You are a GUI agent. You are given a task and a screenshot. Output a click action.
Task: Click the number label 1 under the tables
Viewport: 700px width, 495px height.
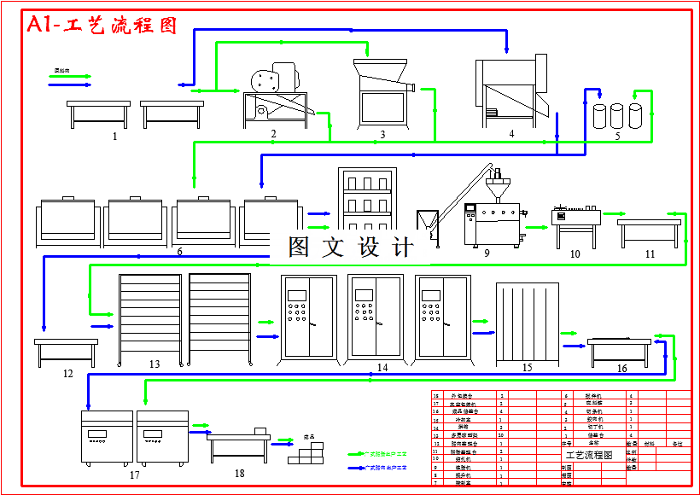tap(114, 136)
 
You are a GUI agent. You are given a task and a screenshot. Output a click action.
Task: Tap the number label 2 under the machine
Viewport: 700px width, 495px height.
tap(273, 134)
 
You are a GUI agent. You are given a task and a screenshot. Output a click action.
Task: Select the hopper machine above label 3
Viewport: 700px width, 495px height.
tap(382, 90)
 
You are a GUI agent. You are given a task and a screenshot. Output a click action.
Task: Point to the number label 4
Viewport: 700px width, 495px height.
tap(511, 133)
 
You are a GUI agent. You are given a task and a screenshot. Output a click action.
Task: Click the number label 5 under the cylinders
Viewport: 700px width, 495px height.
tap(617, 136)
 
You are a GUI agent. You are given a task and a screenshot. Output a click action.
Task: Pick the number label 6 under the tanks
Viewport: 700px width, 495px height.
tap(179, 252)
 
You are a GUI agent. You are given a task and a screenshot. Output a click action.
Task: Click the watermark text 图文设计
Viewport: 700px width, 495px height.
tap(351, 247)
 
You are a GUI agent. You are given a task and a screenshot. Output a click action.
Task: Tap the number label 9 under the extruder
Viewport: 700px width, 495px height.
tap(487, 253)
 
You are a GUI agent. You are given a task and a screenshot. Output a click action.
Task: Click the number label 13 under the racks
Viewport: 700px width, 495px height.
tap(155, 364)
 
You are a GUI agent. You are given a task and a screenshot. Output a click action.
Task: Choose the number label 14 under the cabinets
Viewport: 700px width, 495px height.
tap(382, 368)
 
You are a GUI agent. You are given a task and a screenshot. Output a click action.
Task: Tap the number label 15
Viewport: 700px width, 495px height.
tap(527, 368)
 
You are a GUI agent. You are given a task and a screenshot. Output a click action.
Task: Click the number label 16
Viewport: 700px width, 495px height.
tap(621, 369)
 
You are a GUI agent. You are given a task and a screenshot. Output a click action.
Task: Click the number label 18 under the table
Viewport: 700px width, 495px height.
tap(239, 473)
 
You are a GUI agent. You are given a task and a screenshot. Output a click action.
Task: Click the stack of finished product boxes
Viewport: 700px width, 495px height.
tap(306, 452)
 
